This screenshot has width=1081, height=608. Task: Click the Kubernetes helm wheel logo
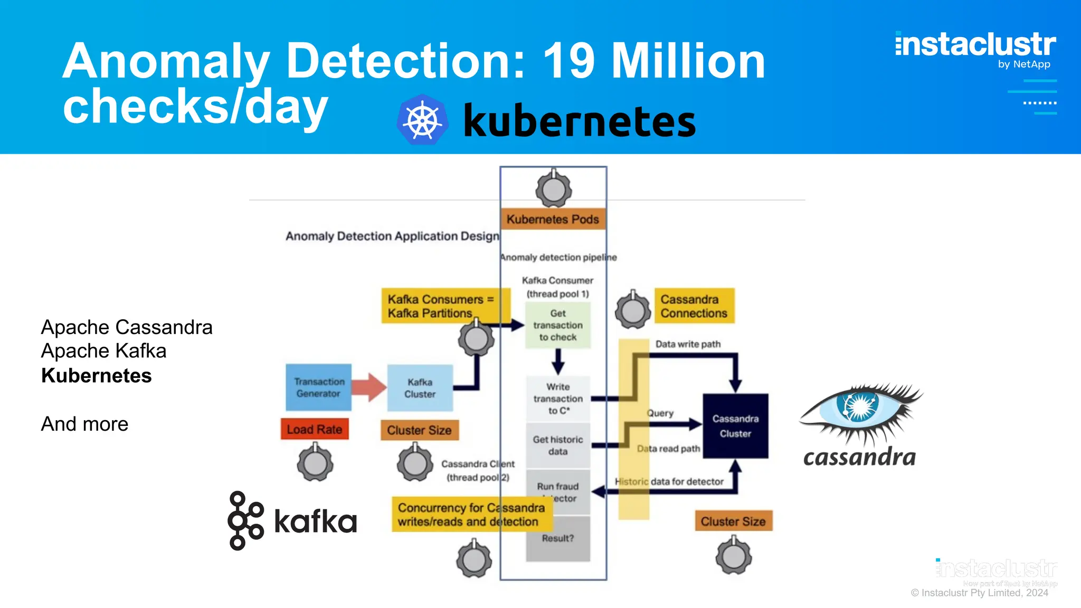point(422,120)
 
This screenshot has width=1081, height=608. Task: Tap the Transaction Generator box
point(319,387)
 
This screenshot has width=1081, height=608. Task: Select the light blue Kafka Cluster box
point(420,388)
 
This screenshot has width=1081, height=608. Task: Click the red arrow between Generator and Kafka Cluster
point(369,387)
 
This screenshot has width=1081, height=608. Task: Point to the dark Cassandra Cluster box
point(735,426)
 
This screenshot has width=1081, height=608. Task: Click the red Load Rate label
point(315,429)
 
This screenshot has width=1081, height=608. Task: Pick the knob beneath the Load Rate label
point(315,463)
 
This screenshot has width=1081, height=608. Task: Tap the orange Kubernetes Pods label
point(553,219)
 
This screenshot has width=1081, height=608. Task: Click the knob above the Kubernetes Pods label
point(554,189)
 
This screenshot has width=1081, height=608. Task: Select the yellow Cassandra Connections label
point(694,306)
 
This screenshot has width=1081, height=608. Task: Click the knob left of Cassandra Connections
point(633,310)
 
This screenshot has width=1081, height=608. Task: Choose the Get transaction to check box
point(558,325)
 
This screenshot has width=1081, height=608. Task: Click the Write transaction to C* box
point(558,398)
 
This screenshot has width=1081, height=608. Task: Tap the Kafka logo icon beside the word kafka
point(245,520)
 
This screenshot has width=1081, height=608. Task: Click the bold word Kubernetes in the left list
point(97,376)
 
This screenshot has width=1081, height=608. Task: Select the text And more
point(85,424)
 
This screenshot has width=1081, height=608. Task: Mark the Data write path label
point(688,344)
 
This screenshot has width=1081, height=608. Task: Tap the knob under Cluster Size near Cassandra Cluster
point(734,555)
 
